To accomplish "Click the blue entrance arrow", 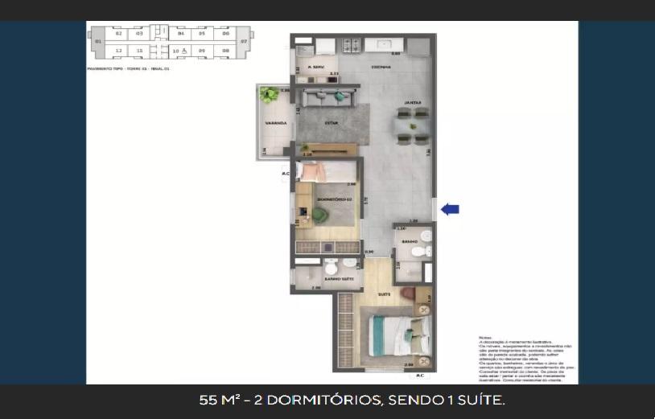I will (451, 209).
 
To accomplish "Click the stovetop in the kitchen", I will (352, 44).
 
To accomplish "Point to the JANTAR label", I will (413, 103).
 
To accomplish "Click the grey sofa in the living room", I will (331, 100).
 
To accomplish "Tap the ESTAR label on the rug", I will (330, 123).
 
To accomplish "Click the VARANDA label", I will (266, 123).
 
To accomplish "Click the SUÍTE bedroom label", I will (384, 295).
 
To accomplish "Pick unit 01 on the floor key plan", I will (97, 41).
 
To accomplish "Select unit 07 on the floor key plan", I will (245, 41).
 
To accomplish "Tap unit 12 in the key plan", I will (118, 51).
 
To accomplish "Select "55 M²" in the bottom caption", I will (216, 400).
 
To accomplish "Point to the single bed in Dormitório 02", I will (326, 172).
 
